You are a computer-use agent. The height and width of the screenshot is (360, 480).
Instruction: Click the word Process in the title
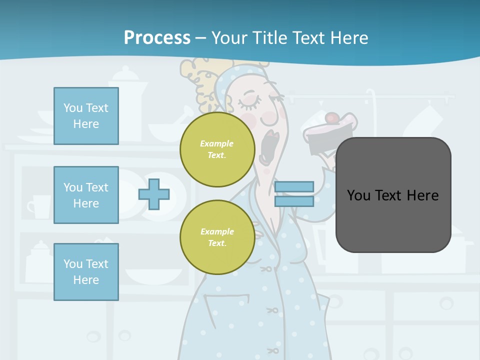pos(157,37)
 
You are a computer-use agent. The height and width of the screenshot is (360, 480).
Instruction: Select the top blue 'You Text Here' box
pos(86,116)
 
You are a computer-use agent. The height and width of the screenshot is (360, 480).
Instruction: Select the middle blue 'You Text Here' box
pos(86,195)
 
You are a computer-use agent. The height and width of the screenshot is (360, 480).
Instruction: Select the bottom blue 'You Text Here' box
pos(86,272)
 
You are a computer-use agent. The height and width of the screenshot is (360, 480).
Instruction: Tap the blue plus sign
pos(154,194)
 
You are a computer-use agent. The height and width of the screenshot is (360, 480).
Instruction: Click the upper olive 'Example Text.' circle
pos(217,149)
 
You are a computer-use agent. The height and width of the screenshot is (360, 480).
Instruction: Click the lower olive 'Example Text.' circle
pos(217,237)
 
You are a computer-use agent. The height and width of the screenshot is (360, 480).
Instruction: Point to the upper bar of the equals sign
pos(294,187)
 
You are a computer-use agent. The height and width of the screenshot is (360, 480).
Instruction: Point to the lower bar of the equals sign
pos(294,201)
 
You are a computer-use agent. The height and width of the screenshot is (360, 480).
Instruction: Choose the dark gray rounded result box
pos(393,195)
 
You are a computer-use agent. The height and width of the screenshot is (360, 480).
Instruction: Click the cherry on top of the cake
pos(331,118)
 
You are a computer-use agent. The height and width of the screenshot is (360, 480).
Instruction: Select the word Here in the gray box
pos(423,195)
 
